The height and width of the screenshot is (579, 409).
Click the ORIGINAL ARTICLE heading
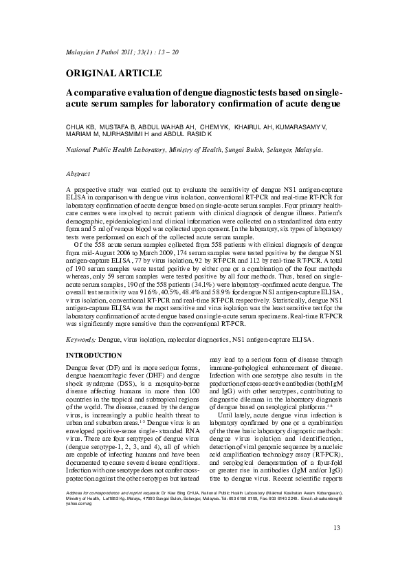pyautogui.click(x=113, y=73)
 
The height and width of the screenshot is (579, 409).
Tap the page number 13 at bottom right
pyautogui.click(x=336, y=547)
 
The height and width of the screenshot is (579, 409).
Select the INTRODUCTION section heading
pyautogui.click(x=93, y=355)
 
